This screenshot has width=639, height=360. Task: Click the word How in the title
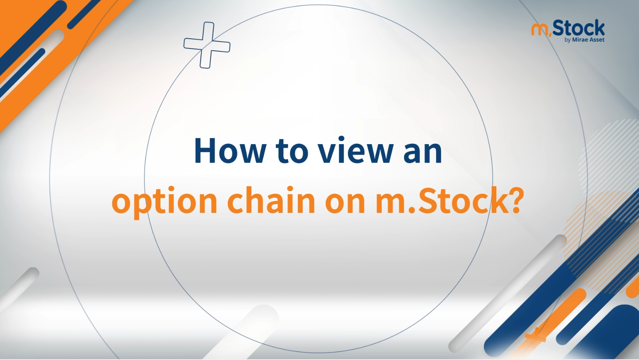click(x=230, y=150)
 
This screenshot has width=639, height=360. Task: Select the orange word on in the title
click(x=345, y=203)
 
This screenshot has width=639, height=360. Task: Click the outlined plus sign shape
click(x=207, y=45)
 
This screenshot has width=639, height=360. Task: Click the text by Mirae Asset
click(x=585, y=40)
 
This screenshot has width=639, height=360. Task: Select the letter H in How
click(x=204, y=150)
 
